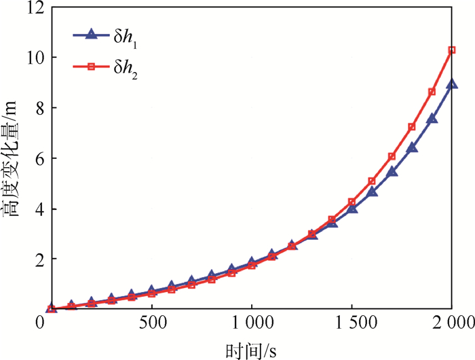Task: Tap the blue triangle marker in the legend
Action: tap(95, 34)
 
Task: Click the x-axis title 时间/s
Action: tap(251, 348)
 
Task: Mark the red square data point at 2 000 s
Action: tap(452, 50)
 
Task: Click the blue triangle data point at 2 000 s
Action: tap(452, 84)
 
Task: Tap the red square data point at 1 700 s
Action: tap(392, 157)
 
